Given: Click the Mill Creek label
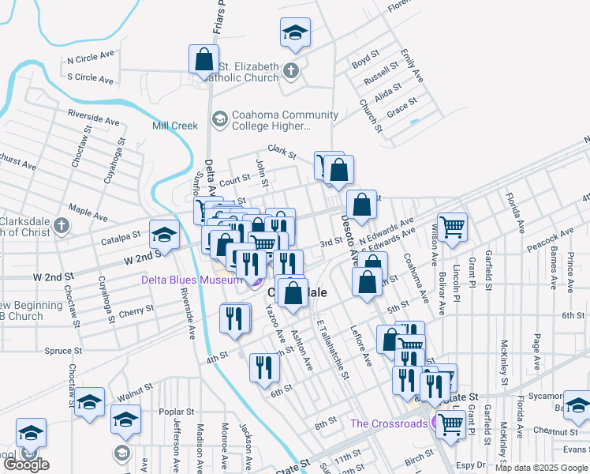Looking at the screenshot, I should point(175,126).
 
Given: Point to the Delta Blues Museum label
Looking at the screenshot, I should point(192,280).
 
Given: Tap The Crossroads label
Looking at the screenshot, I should point(389,423).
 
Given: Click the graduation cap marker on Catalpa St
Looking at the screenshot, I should point(164,234).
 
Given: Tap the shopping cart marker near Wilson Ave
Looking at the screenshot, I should point(452,227).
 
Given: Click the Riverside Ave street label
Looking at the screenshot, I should point(93,118).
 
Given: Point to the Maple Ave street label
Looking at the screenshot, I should point(88,210).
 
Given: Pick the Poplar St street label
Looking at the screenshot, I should point(176,412).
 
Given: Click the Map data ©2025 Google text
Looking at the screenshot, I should point(541,468).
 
